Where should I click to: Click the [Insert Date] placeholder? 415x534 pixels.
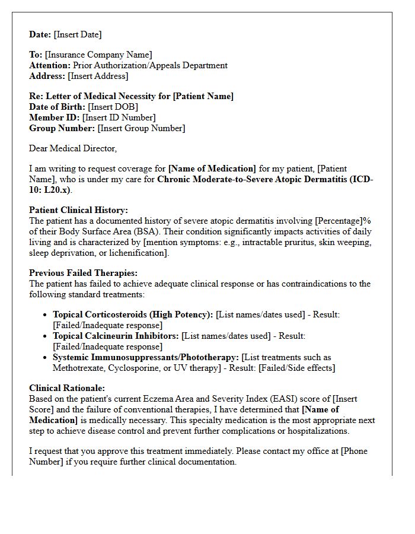coord(78,34)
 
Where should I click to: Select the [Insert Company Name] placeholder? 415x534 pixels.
coord(98,55)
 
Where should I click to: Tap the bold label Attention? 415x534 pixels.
coord(50,66)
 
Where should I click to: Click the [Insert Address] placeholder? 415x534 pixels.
coord(98,77)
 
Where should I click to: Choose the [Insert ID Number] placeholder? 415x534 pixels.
coord(119,118)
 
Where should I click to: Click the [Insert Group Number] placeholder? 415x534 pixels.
coord(141,129)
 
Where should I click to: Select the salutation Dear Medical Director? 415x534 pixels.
coord(73,148)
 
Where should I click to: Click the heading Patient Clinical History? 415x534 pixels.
coord(78,211)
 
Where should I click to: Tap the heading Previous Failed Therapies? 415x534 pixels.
coord(83,273)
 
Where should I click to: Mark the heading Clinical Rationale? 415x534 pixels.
coord(67,389)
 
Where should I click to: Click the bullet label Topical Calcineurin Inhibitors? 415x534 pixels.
coord(116,336)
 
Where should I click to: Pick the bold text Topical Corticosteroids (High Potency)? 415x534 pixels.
coord(133,314)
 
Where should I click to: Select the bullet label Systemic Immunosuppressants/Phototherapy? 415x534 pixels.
coord(146,357)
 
